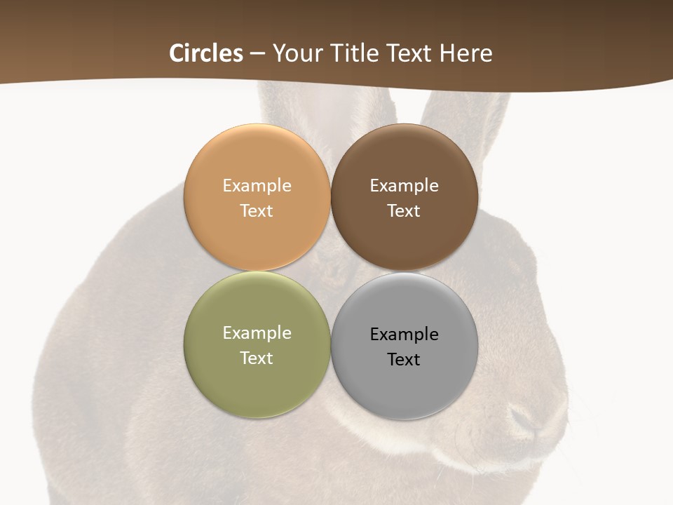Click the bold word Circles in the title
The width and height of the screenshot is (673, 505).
pyautogui.click(x=205, y=53)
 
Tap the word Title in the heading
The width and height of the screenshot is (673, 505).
pyautogui.click(x=355, y=53)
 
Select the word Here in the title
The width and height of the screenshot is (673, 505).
pyautogui.click(x=465, y=53)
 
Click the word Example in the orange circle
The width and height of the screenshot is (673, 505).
pyautogui.click(x=257, y=185)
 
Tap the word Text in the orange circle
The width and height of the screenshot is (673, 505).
pyautogui.click(x=257, y=210)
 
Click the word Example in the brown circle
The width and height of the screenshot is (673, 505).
pyautogui.click(x=404, y=185)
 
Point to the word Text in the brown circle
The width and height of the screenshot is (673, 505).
pyautogui.click(x=404, y=210)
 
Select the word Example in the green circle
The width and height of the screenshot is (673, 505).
pyautogui.click(x=257, y=332)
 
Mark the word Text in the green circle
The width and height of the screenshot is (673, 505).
pyautogui.click(x=257, y=358)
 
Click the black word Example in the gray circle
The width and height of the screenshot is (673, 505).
pyautogui.click(x=404, y=334)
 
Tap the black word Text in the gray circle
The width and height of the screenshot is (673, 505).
pyautogui.click(x=404, y=359)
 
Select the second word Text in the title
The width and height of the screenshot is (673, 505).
pyautogui.click(x=410, y=53)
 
